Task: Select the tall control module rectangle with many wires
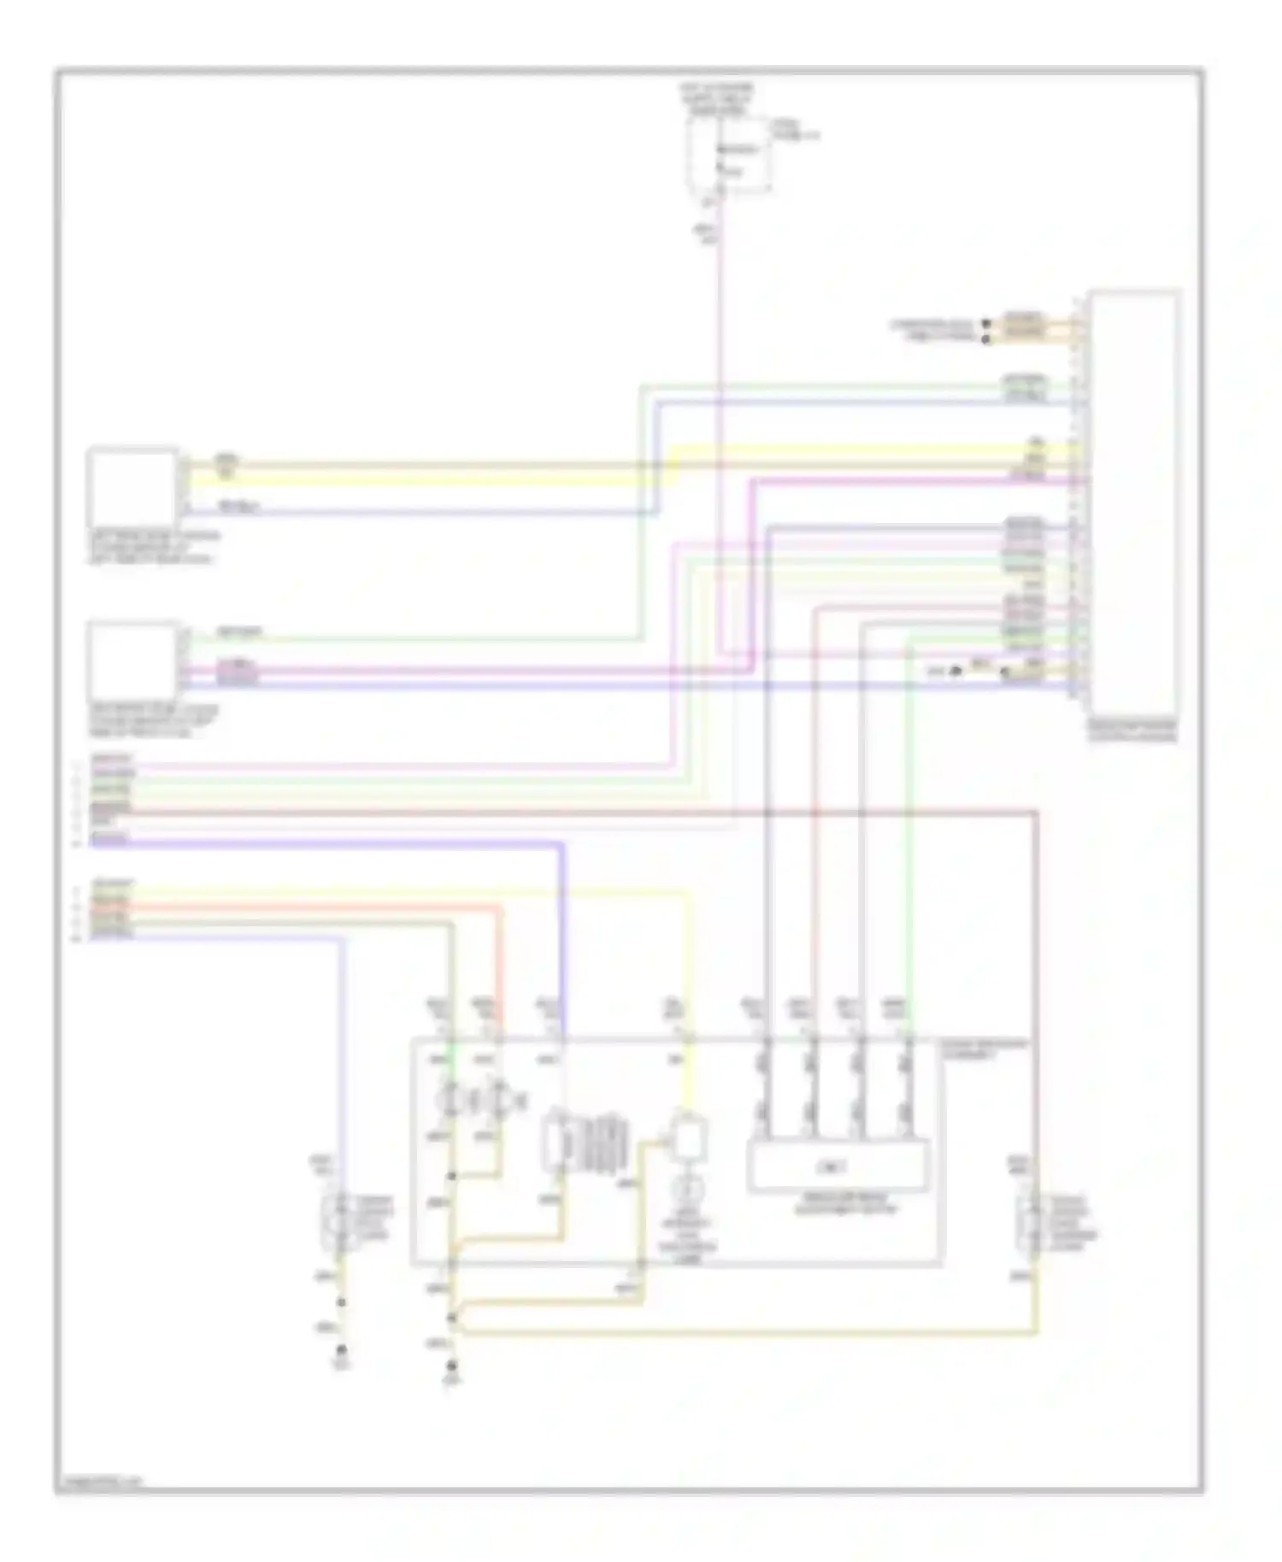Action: coord(1133,504)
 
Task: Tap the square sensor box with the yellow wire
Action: coord(133,487)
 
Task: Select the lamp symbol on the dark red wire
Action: coord(1035,1222)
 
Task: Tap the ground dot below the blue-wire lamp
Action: coord(341,1350)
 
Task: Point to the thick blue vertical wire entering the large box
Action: coord(562,940)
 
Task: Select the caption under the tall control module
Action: coord(1132,731)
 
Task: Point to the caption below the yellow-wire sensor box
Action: coord(154,548)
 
